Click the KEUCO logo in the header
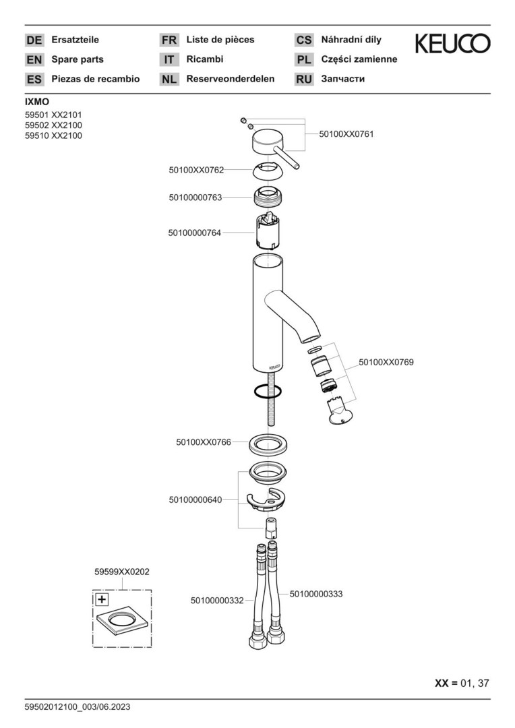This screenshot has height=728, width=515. [452, 44]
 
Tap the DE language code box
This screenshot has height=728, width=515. [34, 40]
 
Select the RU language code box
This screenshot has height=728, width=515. [304, 80]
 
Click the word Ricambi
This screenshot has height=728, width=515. [205, 59]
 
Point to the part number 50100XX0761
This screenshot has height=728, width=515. [346, 134]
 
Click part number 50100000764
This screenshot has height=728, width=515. [195, 232]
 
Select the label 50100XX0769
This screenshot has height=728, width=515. [386, 362]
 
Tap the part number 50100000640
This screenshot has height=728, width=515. [195, 499]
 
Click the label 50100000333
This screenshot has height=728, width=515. [316, 594]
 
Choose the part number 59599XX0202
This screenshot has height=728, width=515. [122, 572]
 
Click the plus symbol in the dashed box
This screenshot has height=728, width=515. [101, 599]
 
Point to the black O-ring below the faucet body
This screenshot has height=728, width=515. [268, 392]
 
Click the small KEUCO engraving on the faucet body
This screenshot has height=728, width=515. [274, 367]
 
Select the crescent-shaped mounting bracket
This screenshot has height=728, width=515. [264, 499]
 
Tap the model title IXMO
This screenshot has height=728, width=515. [36, 102]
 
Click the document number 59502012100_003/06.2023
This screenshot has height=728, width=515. [78, 707]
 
